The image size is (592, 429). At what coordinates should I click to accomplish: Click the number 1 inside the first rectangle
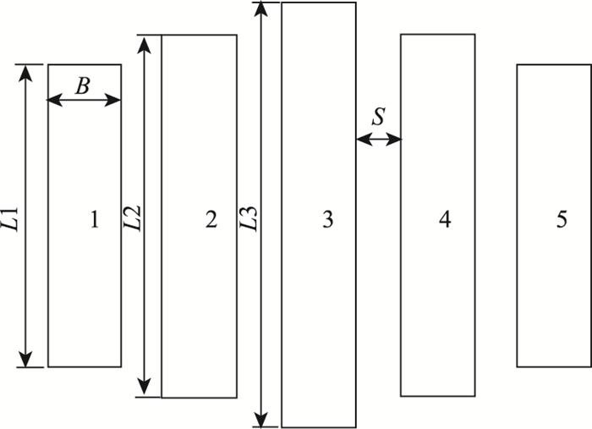point(95,221)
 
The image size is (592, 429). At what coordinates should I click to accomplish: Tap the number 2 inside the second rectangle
point(211,221)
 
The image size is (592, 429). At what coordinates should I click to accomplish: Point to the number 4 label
point(445,221)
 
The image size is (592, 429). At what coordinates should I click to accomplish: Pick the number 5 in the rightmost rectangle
point(562,221)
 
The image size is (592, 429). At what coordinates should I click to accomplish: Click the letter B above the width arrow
point(83,85)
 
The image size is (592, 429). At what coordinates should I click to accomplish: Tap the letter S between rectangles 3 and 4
point(378,118)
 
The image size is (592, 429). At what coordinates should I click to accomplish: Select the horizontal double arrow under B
point(84,100)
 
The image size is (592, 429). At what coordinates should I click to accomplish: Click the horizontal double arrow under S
point(378,139)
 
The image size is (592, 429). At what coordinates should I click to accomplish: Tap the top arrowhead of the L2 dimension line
point(148,42)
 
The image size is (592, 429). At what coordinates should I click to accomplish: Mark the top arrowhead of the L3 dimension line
point(265,9)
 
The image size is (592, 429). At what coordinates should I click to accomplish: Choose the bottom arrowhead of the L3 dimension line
point(265,420)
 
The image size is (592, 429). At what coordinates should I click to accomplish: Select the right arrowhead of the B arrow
point(114,100)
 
